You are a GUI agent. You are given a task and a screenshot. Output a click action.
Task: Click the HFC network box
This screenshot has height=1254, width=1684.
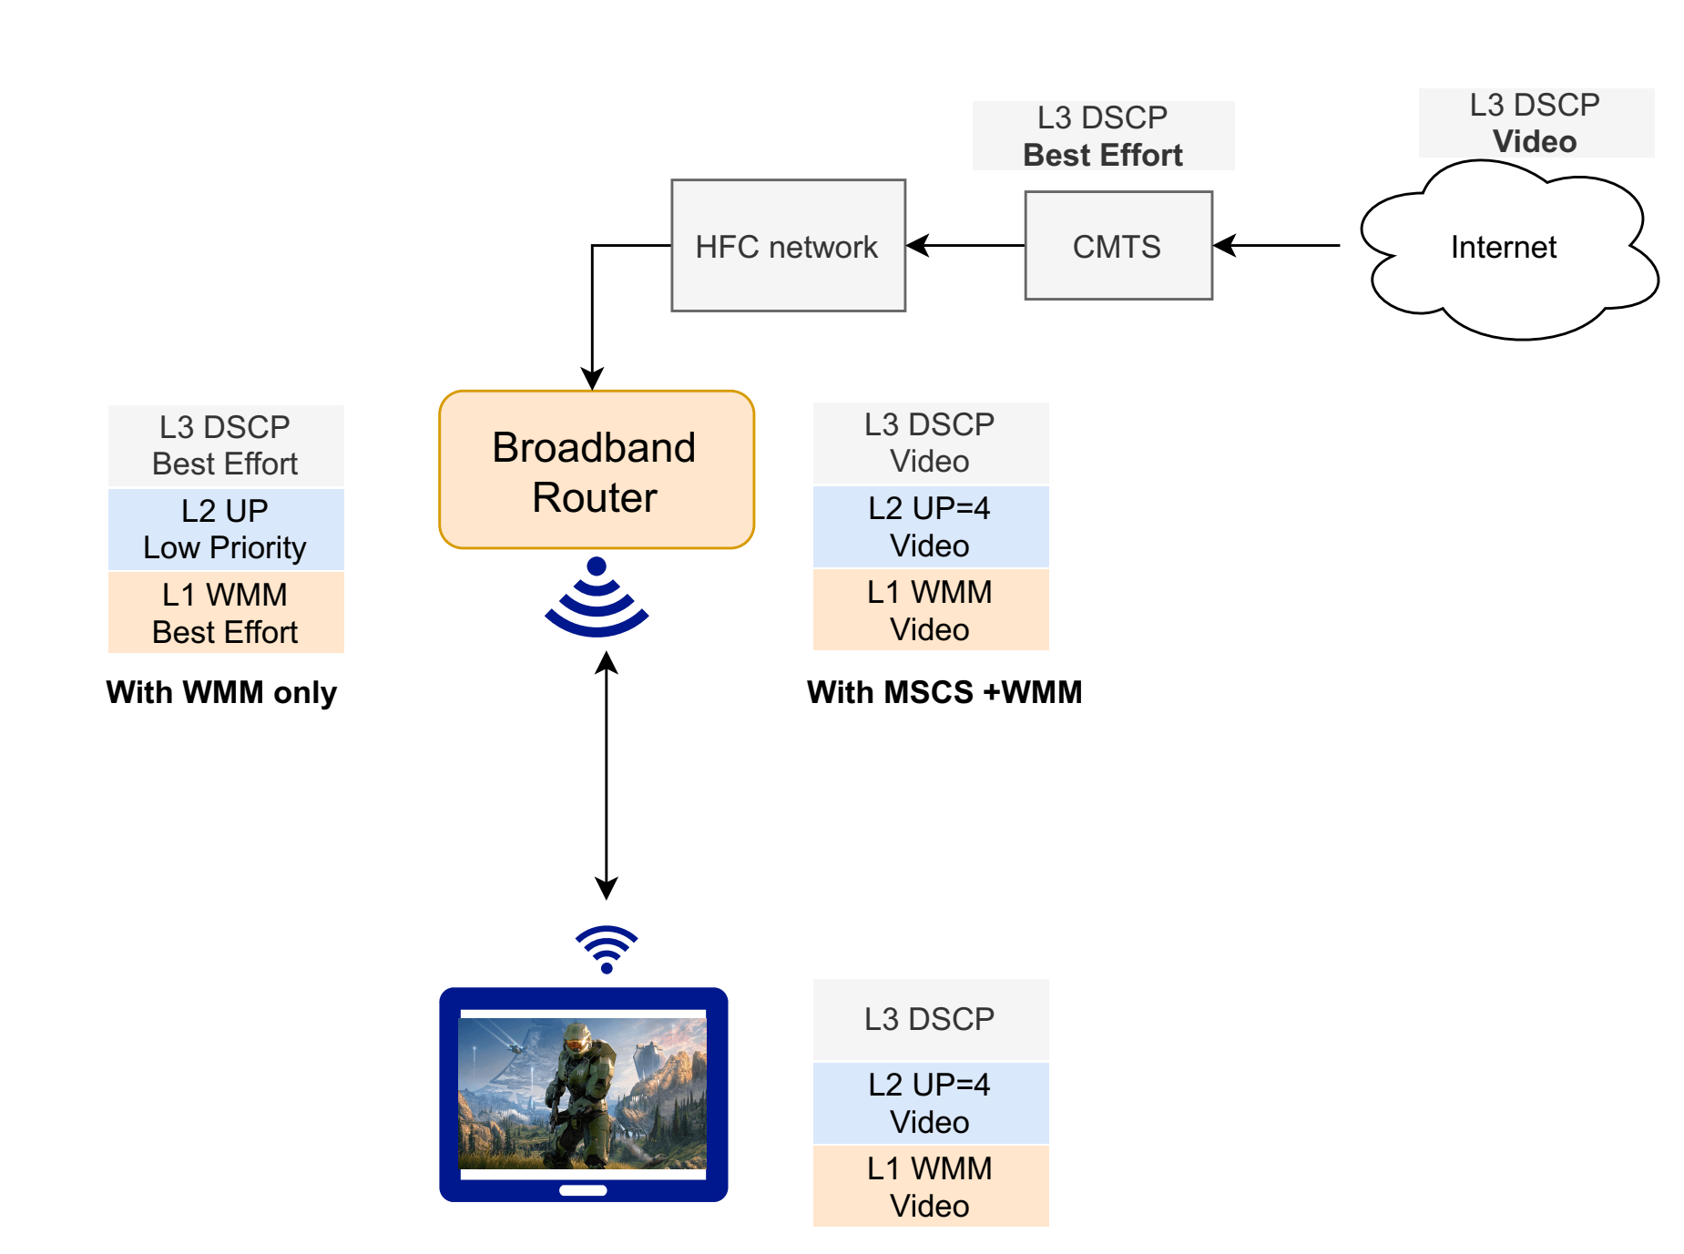(x=788, y=245)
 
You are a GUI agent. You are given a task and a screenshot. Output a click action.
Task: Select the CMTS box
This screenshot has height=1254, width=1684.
(x=1118, y=245)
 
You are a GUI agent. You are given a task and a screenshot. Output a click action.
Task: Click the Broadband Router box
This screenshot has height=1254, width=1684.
(x=597, y=470)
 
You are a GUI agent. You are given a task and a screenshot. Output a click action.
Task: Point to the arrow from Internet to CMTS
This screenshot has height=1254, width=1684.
(x=1277, y=245)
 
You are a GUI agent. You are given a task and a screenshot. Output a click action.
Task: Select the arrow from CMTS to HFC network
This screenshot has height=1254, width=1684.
(x=965, y=245)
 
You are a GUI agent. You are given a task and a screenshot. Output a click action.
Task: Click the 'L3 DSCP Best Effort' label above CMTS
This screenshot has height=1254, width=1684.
(x=1103, y=136)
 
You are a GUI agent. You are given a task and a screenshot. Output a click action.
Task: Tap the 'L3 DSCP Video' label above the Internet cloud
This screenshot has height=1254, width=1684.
(x=1536, y=123)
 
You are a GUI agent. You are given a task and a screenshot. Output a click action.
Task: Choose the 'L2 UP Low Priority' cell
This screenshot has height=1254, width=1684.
(x=226, y=529)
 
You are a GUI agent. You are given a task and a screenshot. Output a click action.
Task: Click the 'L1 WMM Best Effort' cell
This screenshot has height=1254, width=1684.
(x=226, y=612)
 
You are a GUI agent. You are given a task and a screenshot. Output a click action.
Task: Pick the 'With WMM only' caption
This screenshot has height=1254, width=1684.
(x=221, y=692)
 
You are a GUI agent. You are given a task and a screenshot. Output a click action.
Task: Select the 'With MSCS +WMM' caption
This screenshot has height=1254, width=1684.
(x=944, y=692)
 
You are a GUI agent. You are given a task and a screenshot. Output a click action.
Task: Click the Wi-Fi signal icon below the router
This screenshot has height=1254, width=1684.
(x=597, y=597)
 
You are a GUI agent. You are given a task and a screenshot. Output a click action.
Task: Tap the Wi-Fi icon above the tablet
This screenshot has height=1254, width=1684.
(x=607, y=950)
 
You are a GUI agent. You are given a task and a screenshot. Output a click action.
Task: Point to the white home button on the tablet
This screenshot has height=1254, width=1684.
(x=583, y=1190)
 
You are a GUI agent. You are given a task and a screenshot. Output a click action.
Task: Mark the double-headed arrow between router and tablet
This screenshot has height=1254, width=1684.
(x=607, y=777)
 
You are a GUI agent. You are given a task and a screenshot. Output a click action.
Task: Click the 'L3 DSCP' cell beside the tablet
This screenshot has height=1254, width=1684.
(x=931, y=1019)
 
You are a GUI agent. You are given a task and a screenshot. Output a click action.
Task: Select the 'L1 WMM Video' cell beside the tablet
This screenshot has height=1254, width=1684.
(x=931, y=1186)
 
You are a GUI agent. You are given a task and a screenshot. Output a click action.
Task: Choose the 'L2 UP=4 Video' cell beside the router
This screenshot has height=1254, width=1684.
(x=931, y=526)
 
